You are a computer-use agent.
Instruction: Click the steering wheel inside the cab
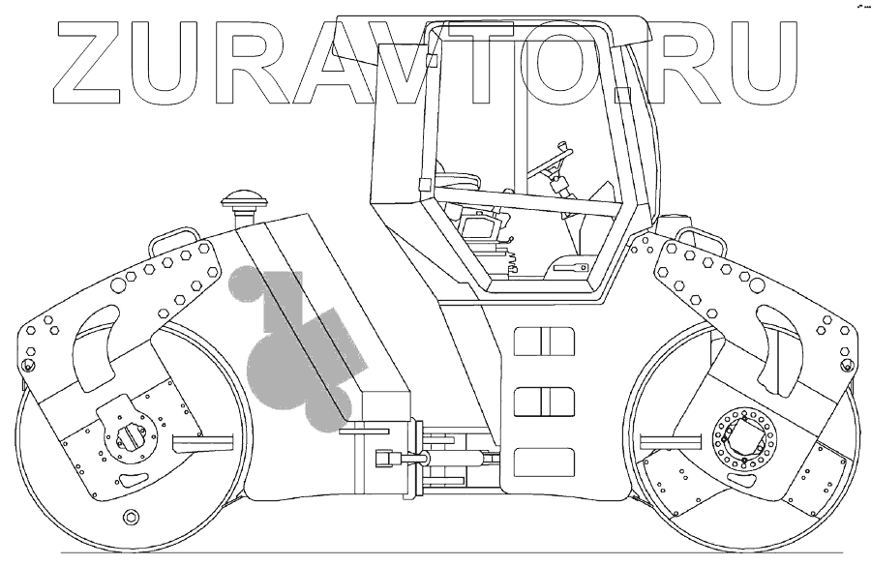555,159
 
